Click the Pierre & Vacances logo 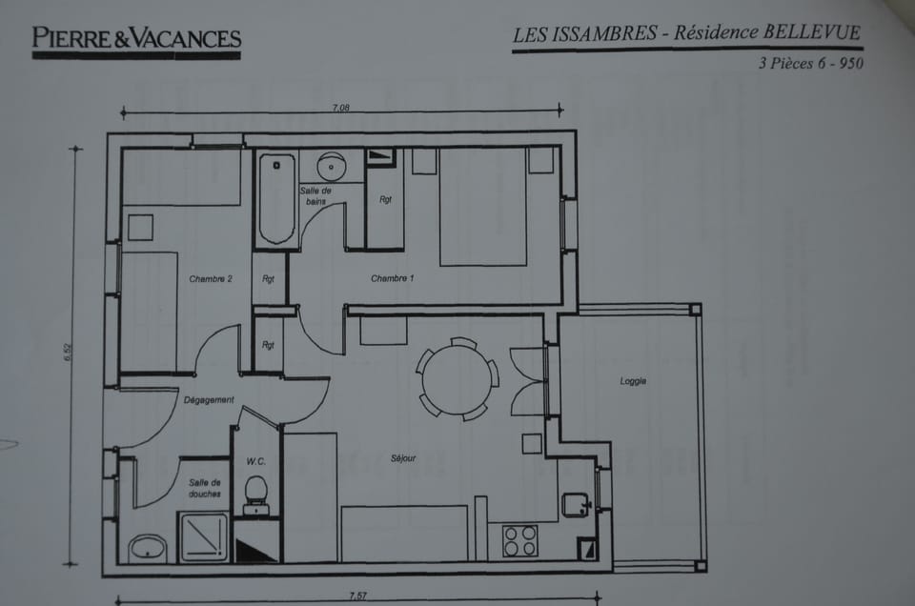click(x=136, y=39)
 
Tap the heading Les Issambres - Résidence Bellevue click(x=686, y=33)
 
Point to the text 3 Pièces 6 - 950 click(x=810, y=65)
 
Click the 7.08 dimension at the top click(x=341, y=108)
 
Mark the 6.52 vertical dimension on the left click(x=68, y=352)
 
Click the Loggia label click(x=633, y=381)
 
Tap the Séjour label click(x=403, y=458)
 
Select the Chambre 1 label click(x=393, y=278)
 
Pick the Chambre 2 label click(x=211, y=279)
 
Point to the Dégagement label click(x=209, y=400)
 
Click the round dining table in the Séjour click(x=457, y=377)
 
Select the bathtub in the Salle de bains click(x=276, y=199)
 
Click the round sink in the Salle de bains click(x=331, y=167)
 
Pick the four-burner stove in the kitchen click(x=521, y=540)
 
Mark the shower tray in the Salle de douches click(x=204, y=537)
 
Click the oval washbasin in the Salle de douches click(x=148, y=548)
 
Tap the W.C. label click(x=255, y=461)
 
